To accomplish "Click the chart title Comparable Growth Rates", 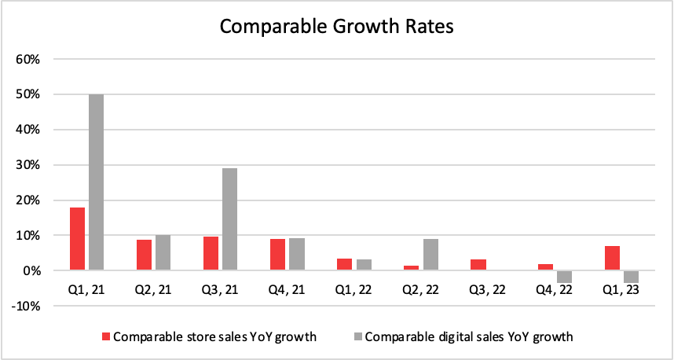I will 337,27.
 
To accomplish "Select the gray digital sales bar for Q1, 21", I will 96,182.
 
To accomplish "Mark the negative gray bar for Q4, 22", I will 565,277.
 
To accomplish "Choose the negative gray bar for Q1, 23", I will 632,277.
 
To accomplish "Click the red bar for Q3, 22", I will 478,265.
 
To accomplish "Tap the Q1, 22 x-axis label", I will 353,289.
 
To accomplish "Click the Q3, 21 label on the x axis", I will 220,289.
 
